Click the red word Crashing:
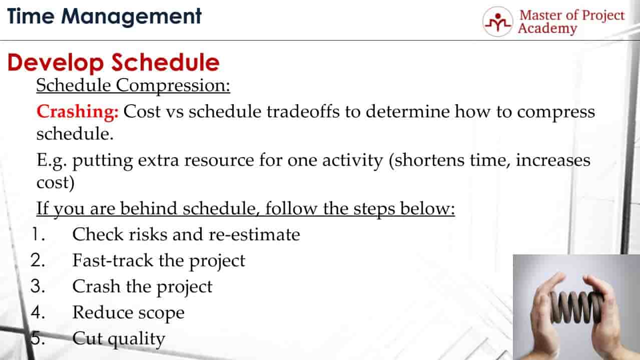point(78,111)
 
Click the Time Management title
point(104,17)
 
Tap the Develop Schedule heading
point(114,63)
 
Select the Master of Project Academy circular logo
point(498,22)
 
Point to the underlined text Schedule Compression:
point(133,86)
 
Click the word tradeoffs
point(303,111)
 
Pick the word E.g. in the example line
point(52,160)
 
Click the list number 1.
point(39,234)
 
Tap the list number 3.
point(38,286)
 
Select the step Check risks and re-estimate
point(186,234)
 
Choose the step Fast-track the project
point(159,261)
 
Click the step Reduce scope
point(128,312)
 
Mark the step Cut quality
point(119,339)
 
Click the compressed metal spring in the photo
point(576,307)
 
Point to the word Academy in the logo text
point(547,29)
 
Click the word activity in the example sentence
point(353,160)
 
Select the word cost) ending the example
point(56,182)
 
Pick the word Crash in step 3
point(96,286)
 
